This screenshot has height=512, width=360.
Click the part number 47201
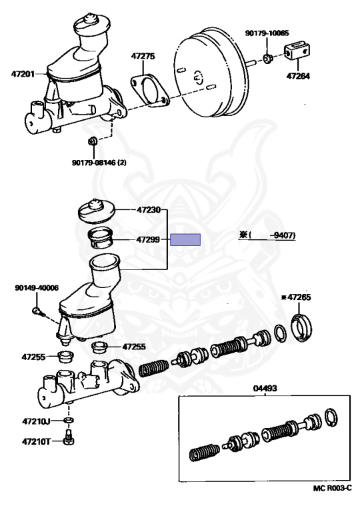point(23,74)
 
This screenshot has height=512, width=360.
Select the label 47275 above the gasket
point(143,56)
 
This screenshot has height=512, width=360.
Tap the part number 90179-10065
point(267,33)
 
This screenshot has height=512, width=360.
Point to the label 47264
point(298,76)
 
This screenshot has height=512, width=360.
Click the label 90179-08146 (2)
point(99,162)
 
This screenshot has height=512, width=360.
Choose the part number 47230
point(149,209)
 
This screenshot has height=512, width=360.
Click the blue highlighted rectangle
point(185,240)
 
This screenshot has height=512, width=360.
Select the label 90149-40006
point(37,288)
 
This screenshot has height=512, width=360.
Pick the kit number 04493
point(265,388)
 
